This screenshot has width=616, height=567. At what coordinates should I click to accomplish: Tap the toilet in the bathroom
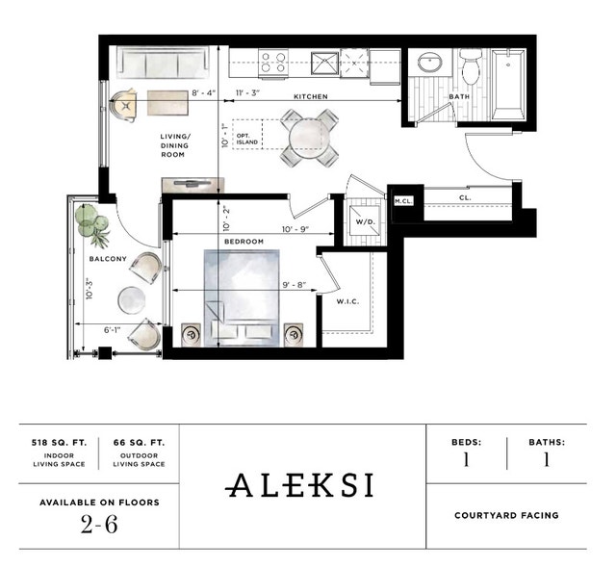pyautogui.click(x=470, y=67)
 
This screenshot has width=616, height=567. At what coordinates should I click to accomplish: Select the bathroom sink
pyautogui.click(x=429, y=64)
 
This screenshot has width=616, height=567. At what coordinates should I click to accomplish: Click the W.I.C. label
pyautogui.click(x=347, y=301)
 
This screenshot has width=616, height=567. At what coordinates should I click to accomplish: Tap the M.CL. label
pyautogui.click(x=403, y=200)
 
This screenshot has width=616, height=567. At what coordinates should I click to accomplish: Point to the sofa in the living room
pyautogui.click(x=161, y=64)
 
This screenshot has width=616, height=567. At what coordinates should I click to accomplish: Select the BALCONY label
pyautogui.click(x=108, y=259)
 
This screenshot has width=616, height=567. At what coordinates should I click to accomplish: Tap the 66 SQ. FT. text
pyautogui.click(x=140, y=443)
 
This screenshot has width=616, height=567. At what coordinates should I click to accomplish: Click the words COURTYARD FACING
pyautogui.click(x=506, y=515)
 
